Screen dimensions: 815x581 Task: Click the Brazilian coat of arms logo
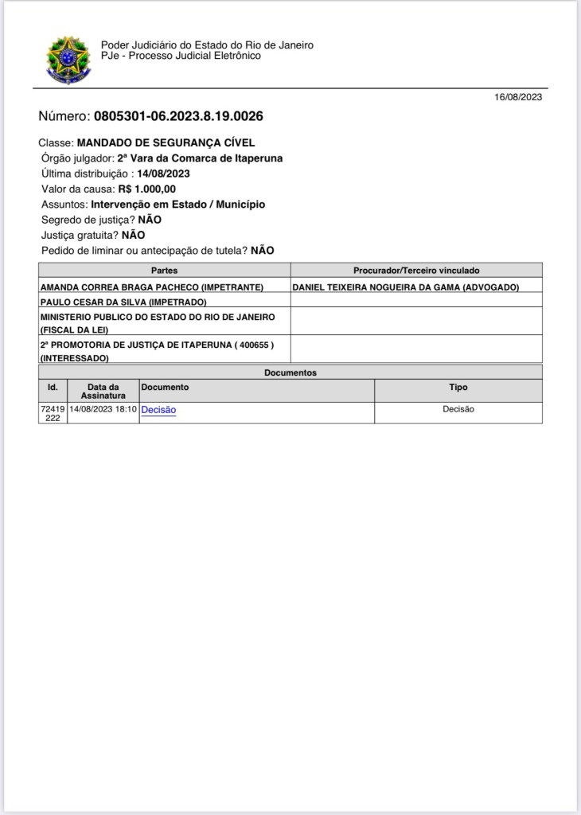click(x=68, y=59)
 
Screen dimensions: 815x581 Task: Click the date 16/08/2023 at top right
click(x=518, y=97)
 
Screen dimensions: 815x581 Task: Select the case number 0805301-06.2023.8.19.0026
click(x=178, y=116)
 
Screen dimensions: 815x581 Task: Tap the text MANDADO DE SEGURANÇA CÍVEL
click(x=166, y=142)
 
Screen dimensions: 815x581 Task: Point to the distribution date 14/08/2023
click(x=163, y=174)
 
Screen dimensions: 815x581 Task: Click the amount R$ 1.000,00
click(x=146, y=189)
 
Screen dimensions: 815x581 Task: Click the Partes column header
click(x=164, y=271)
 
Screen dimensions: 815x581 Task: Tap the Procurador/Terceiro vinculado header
click(x=416, y=271)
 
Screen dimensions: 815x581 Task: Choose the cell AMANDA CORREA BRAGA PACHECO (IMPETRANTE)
click(x=151, y=287)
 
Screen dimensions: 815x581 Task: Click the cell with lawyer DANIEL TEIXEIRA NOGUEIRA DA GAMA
click(x=406, y=287)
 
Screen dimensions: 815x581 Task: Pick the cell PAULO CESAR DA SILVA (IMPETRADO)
click(x=123, y=302)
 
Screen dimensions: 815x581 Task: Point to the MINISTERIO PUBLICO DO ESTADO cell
click(x=158, y=322)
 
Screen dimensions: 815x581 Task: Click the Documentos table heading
click(x=290, y=372)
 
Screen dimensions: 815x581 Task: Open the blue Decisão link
click(x=158, y=410)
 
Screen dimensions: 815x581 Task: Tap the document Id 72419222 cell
click(x=53, y=412)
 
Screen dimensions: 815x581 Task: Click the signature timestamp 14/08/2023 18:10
click(x=103, y=409)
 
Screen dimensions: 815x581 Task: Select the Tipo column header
click(x=458, y=388)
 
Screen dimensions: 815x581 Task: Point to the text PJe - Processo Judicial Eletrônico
click(x=181, y=56)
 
